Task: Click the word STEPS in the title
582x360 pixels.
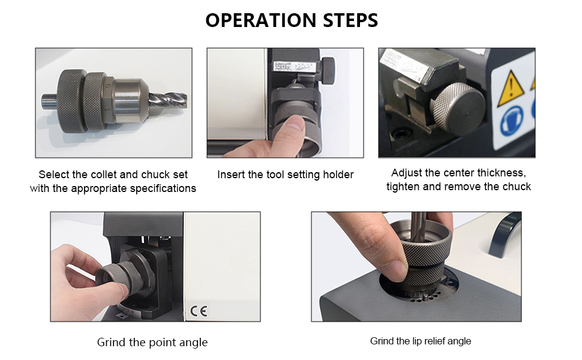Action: (x=350, y=20)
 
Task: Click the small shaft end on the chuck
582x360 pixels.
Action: (x=49, y=101)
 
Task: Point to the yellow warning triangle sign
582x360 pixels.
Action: (x=511, y=89)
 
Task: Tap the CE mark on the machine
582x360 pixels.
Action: (x=199, y=310)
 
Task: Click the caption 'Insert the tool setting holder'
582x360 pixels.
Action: (x=286, y=175)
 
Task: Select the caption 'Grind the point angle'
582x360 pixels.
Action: (x=152, y=342)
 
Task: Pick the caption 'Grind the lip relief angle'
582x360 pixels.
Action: (x=421, y=341)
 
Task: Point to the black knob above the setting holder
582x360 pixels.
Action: (x=328, y=71)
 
